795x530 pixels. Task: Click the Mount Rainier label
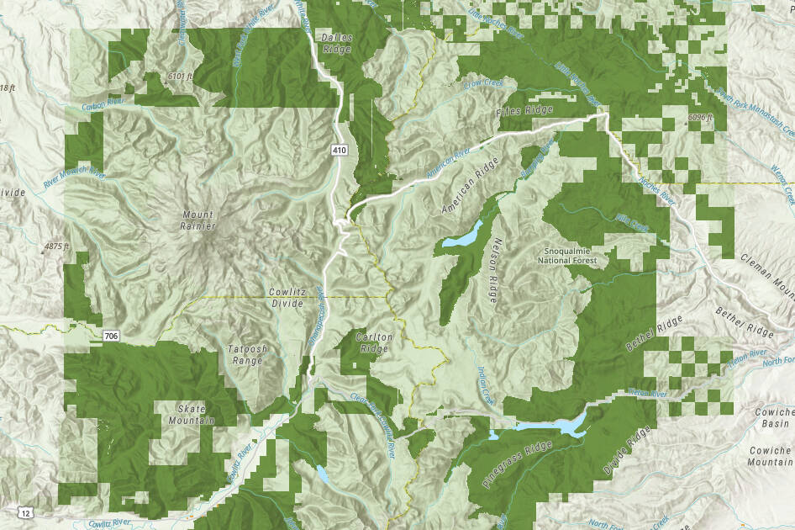point(198,220)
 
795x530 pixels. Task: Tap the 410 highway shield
point(339,151)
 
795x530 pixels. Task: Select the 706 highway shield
point(111,336)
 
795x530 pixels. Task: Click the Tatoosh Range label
point(245,354)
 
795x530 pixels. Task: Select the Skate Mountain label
point(191,413)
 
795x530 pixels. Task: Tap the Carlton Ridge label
point(375,342)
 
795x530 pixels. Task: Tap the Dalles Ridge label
point(336,44)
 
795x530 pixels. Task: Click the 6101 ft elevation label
point(181,77)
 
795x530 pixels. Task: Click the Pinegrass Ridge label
point(508,466)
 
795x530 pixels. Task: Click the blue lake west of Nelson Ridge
point(461,235)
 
